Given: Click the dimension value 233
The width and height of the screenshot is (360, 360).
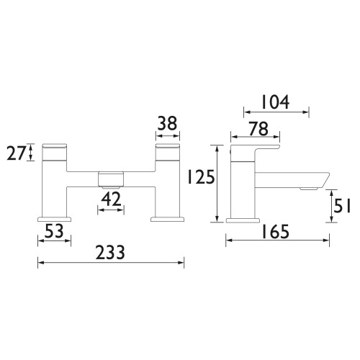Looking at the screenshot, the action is (110, 253).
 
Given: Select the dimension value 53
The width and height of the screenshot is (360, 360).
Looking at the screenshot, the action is (54, 231).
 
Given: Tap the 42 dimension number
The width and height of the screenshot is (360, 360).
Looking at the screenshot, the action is (111, 199).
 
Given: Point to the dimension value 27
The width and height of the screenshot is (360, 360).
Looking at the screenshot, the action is (16, 153).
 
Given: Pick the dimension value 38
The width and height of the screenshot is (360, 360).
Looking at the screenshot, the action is (167, 123).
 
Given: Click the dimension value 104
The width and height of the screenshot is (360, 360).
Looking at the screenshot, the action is (275, 102).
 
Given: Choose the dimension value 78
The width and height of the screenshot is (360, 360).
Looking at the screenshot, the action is (258, 129).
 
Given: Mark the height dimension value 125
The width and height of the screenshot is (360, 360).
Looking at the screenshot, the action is (201, 177).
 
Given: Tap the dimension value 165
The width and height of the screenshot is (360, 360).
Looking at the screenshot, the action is (275, 232).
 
